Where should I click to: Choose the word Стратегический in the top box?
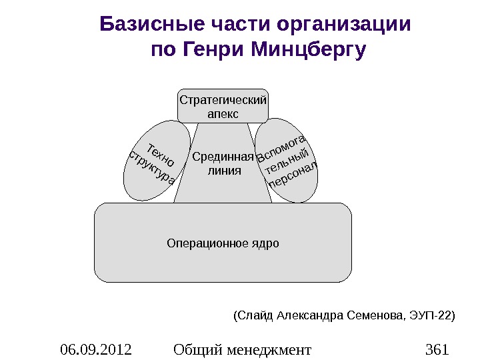coord(223,100)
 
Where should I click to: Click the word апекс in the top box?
coord(223,114)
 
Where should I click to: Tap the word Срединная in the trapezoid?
coord(223,157)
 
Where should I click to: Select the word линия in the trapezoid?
coord(223,171)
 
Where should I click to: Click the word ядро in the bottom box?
coord(265,243)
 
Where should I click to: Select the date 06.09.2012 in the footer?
coord(95,349)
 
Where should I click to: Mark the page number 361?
coord(437,349)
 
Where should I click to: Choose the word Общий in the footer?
coord(197,349)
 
